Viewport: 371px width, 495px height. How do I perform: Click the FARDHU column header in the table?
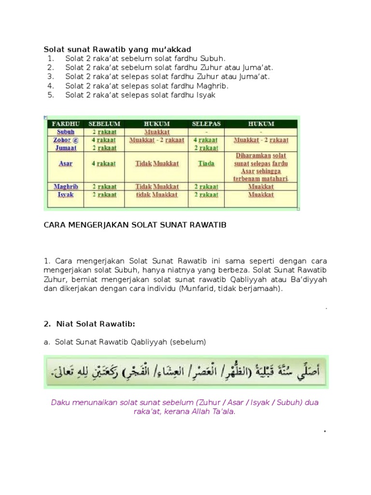[65, 124]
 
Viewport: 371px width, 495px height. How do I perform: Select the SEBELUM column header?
[104, 124]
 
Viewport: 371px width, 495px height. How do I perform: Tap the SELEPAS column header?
[206, 124]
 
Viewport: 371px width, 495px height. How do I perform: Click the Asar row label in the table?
[65, 163]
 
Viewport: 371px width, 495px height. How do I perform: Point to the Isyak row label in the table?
[65, 195]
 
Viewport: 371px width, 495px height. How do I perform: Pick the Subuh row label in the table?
[65, 131]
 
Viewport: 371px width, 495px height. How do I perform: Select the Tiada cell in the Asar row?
[206, 163]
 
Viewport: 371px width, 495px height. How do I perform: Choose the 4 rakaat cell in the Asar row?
[104, 163]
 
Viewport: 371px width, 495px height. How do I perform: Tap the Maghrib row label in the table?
[65, 186]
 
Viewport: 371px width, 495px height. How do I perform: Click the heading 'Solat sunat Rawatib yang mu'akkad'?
[117, 49]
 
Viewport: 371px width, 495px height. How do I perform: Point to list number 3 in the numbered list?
[50, 77]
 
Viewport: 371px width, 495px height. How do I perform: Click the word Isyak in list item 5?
[205, 95]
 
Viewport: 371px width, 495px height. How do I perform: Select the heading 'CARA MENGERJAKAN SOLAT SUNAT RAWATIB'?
[135, 225]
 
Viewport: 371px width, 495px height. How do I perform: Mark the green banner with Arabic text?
[185, 372]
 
